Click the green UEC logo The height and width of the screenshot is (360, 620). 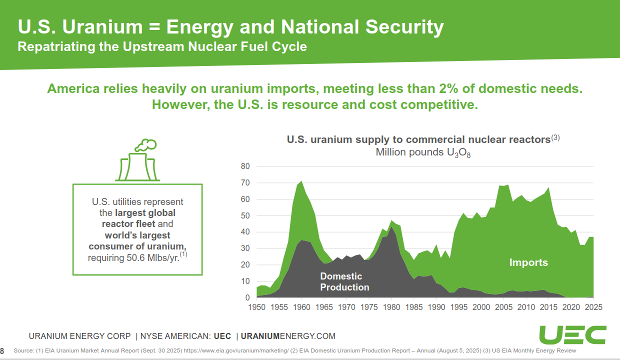click(x=572, y=334)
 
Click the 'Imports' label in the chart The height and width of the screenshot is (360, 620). click(x=528, y=262)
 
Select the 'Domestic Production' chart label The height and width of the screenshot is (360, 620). click(x=344, y=281)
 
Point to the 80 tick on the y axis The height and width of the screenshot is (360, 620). click(x=245, y=166)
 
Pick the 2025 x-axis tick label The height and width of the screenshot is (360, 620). click(x=593, y=306)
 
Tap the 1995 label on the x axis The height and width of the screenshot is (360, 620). click(x=458, y=306)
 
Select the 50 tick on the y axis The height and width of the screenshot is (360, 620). click(x=245, y=215)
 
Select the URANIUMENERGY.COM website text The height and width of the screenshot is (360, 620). click(x=288, y=336)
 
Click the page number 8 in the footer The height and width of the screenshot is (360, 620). click(x=2, y=350)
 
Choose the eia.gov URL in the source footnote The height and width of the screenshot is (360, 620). click(x=236, y=351)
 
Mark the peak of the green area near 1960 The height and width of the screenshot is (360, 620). click(x=301, y=181)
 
